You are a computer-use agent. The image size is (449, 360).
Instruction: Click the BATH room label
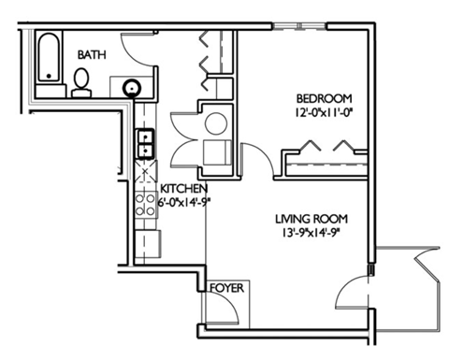click(x=92, y=55)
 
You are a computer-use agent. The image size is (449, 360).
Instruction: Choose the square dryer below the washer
click(x=216, y=153)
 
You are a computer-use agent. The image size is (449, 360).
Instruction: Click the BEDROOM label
click(x=324, y=98)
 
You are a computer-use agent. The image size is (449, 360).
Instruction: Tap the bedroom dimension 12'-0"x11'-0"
click(x=325, y=112)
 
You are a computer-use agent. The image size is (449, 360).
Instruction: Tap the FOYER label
click(x=227, y=288)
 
